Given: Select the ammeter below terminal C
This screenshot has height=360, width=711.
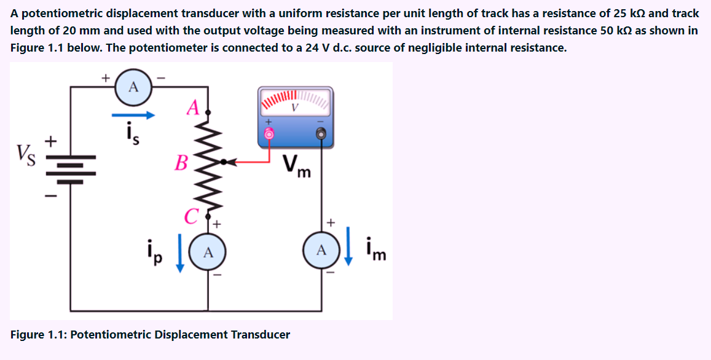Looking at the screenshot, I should (208, 252).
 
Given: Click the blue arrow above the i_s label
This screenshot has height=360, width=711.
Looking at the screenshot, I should (133, 114).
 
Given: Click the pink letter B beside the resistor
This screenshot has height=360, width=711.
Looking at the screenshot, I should (181, 163).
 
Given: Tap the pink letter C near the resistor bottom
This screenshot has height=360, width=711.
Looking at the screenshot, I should (191, 216).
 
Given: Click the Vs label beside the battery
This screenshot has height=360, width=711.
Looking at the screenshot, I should (25, 152).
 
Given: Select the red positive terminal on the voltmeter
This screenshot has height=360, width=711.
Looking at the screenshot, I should (268, 133).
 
